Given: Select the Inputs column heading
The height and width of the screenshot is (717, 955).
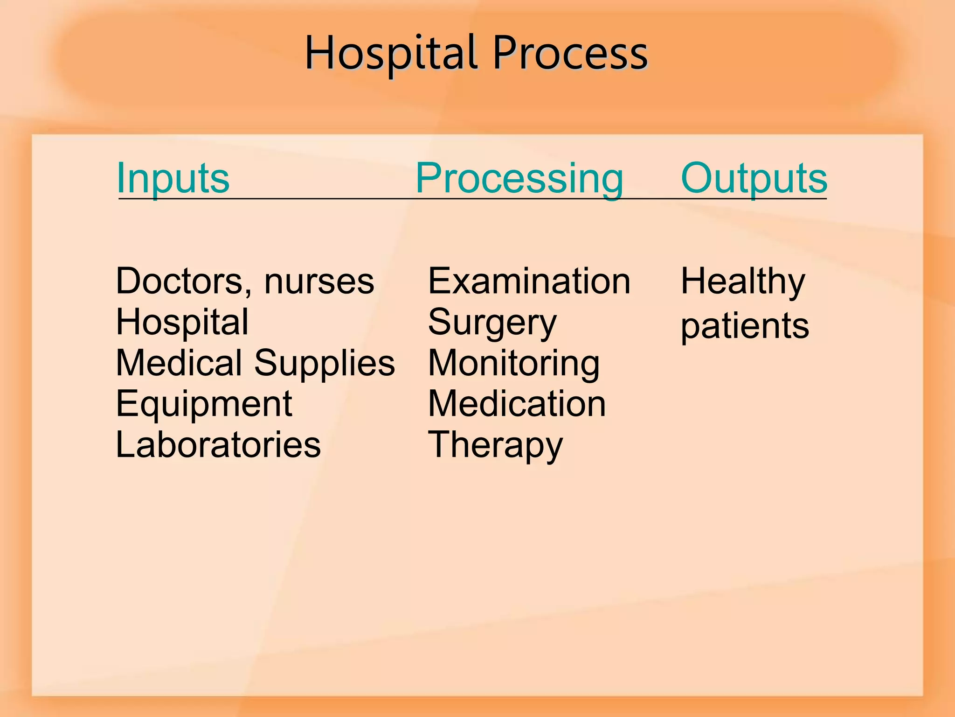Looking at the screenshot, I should coord(173,178).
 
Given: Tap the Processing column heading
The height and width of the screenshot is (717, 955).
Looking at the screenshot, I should coord(519,178).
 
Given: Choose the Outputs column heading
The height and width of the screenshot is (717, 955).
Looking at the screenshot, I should coord(754,178).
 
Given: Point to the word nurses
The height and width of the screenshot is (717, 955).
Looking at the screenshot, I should coord(319,282).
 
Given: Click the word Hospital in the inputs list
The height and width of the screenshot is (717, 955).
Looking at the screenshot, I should coord(182,322).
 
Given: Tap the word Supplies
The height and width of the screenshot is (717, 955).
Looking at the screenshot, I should coord(325,364).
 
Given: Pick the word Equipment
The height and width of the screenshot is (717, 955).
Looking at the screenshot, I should coord(204,404).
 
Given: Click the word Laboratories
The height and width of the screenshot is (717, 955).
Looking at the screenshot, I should coord(218,444).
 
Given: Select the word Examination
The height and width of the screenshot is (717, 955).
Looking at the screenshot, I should coord(529,281).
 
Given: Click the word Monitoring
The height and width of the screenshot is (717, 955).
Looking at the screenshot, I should coord(514,364).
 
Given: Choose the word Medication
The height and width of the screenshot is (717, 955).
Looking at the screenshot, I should coord(517,404).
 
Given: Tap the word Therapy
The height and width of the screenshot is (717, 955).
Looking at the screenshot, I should coord(495,445).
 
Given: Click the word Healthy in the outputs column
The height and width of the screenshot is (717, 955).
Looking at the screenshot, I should coord(743,281).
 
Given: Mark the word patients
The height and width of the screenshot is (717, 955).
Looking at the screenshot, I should coord(745,326).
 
